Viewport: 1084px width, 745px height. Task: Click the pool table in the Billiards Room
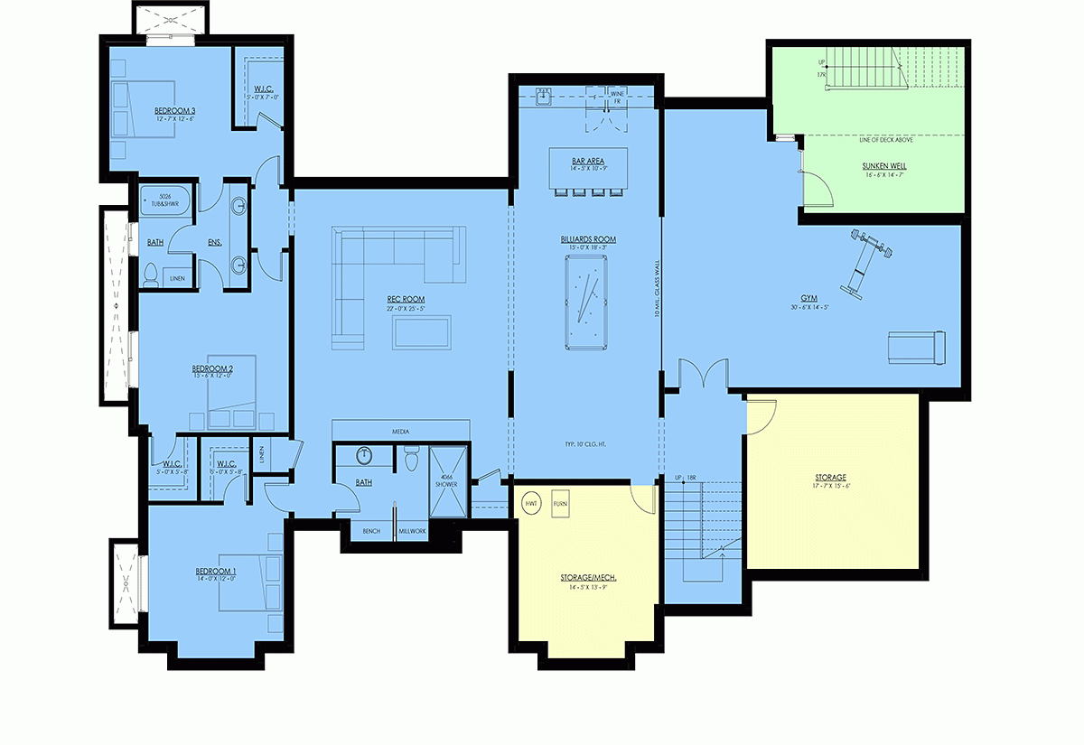point(588,302)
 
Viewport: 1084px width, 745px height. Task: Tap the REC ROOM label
point(405,299)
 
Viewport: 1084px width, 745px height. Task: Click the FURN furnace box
point(559,503)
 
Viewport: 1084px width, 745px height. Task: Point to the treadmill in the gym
point(915,346)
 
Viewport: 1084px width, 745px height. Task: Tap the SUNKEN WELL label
point(883,166)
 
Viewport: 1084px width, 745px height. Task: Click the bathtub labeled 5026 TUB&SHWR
point(164,200)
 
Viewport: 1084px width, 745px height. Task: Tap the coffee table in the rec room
point(420,331)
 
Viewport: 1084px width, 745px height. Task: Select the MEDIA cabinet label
point(400,431)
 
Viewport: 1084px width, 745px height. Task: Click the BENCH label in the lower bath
point(371,531)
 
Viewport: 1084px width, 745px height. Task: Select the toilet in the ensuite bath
point(151,272)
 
